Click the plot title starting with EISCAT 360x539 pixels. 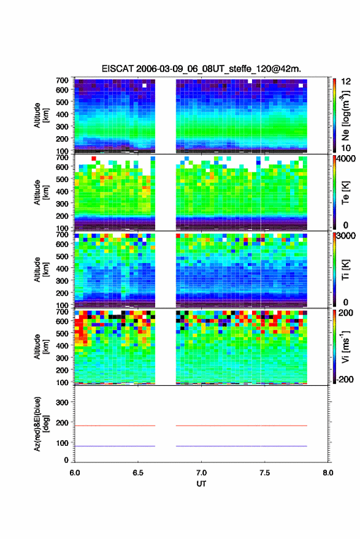(x=201, y=69)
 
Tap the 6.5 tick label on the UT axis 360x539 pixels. (x=138, y=473)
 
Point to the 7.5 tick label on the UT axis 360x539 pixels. (x=265, y=473)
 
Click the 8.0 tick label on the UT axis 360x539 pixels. (x=328, y=473)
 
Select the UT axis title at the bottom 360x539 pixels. (x=201, y=484)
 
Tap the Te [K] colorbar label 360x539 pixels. (x=345, y=193)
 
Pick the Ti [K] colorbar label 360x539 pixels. (x=345, y=270)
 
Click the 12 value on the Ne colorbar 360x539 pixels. (x=346, y=82)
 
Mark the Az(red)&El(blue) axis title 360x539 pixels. (x=40, y=424)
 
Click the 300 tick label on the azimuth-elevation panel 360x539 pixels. (x=62, y=402)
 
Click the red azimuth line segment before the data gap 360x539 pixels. (x=115, y=426)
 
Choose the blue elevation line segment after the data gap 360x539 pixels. (x=242, y=446)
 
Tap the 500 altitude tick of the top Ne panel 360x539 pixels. (x=62, y=102)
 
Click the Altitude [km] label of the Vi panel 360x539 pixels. (x=40, y=347)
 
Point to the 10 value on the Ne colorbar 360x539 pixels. (x=346, y=148)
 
